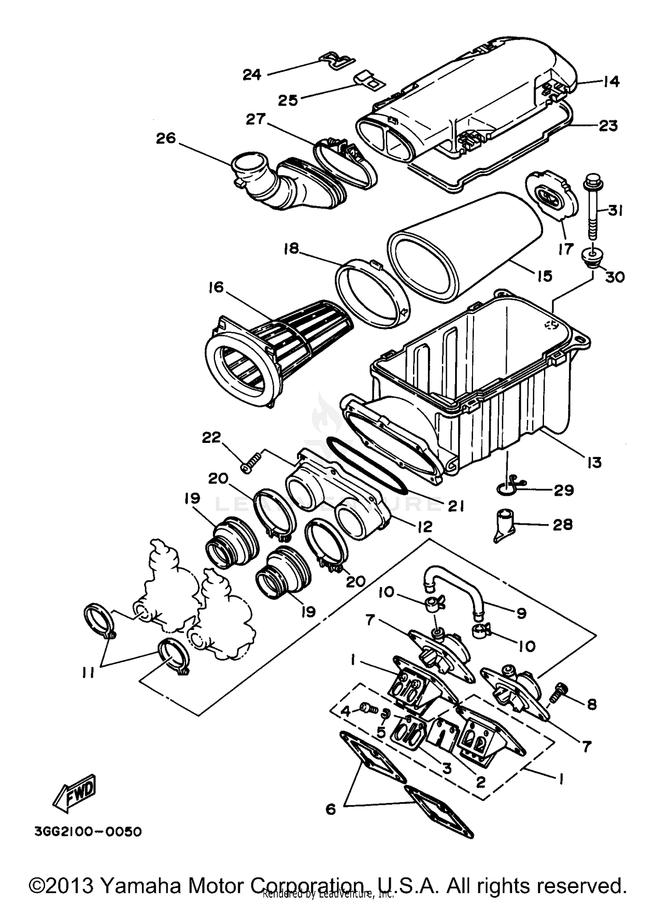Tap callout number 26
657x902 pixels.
click(x=166, y=138)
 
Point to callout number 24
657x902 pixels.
click(x=252, y=75)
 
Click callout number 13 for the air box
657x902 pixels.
click(x=594, y=462)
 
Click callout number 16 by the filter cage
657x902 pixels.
click(x=216, y=288)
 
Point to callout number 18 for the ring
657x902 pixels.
click(x=290, y=249)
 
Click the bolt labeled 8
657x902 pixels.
click(x=560, y=692)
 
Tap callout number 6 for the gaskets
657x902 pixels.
click(x=331, y=810)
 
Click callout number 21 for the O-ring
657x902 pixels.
click(x=456, y=507)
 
